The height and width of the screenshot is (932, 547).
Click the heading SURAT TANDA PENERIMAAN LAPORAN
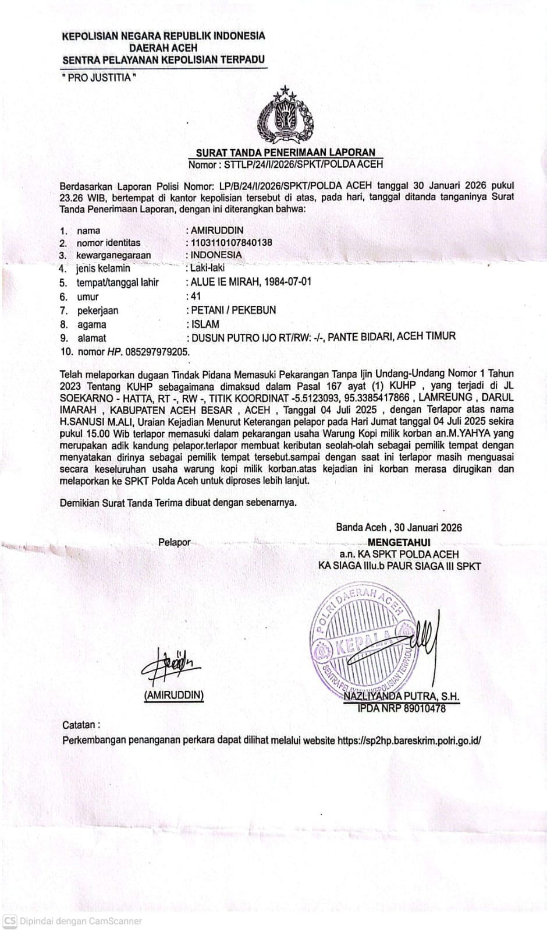286,153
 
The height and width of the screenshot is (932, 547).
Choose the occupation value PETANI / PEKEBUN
233,310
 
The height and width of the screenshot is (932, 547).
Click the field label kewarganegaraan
113,255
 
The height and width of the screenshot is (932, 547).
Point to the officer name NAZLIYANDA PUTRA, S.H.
402,696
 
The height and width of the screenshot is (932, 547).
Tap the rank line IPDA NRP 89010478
402,708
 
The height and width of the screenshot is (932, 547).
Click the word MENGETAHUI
399,542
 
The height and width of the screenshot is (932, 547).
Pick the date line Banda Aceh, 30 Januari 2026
399,528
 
